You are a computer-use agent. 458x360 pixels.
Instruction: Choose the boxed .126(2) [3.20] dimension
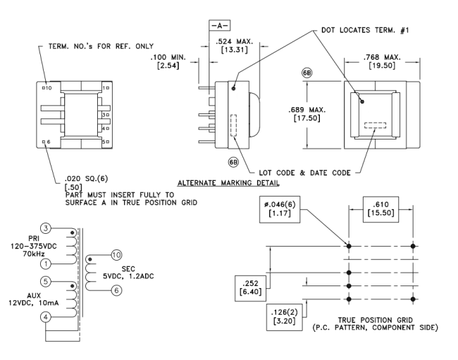(285, 314)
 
